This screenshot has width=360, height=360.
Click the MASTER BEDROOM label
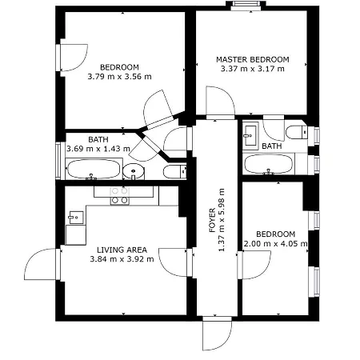click(253, 58)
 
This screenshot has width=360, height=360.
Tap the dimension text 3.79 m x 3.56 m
click(119, 77)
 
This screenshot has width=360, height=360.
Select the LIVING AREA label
click(121, 249)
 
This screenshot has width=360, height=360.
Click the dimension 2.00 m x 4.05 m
click(275, 244)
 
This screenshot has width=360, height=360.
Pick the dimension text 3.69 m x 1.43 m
click(98, 149)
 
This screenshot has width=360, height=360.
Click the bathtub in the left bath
click(93, 170)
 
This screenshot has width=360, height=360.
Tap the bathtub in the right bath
click(269, 165)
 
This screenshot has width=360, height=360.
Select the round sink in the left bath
click(134, 171)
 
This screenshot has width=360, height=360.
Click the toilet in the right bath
click(297, 133)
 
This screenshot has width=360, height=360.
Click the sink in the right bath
click(250, 134)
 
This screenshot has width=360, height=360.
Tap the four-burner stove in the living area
click(119, 195)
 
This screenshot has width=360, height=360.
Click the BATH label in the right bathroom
click(272, 146)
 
